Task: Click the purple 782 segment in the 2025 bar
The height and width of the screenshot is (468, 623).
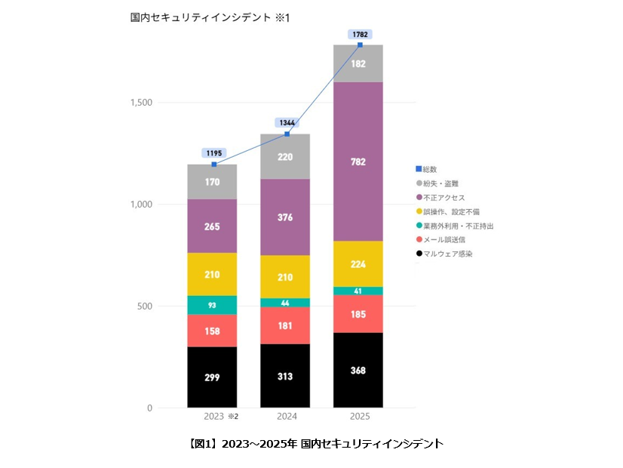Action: click(x=358, y=161)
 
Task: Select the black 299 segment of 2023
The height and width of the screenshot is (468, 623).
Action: click(x=212, y=377)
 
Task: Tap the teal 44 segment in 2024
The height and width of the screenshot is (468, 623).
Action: click(x=285, y=303)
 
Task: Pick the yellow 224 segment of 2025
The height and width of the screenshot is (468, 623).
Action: click(x=358, y=264)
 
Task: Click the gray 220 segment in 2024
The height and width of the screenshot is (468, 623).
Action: click(x=285, y=157)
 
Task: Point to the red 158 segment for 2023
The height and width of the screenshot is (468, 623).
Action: click(x=212, y=331)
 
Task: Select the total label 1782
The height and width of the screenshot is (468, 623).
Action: click(x=360, y=34)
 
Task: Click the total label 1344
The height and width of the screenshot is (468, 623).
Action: click(x=287, y=122)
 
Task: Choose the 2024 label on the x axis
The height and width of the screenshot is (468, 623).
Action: click(x=285, y=416)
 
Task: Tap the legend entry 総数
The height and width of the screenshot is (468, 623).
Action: click(x=431, y=169)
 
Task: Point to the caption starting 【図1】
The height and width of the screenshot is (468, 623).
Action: click(x=311, y=443)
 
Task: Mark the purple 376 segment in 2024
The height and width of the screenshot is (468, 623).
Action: click(x=285, y=217)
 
